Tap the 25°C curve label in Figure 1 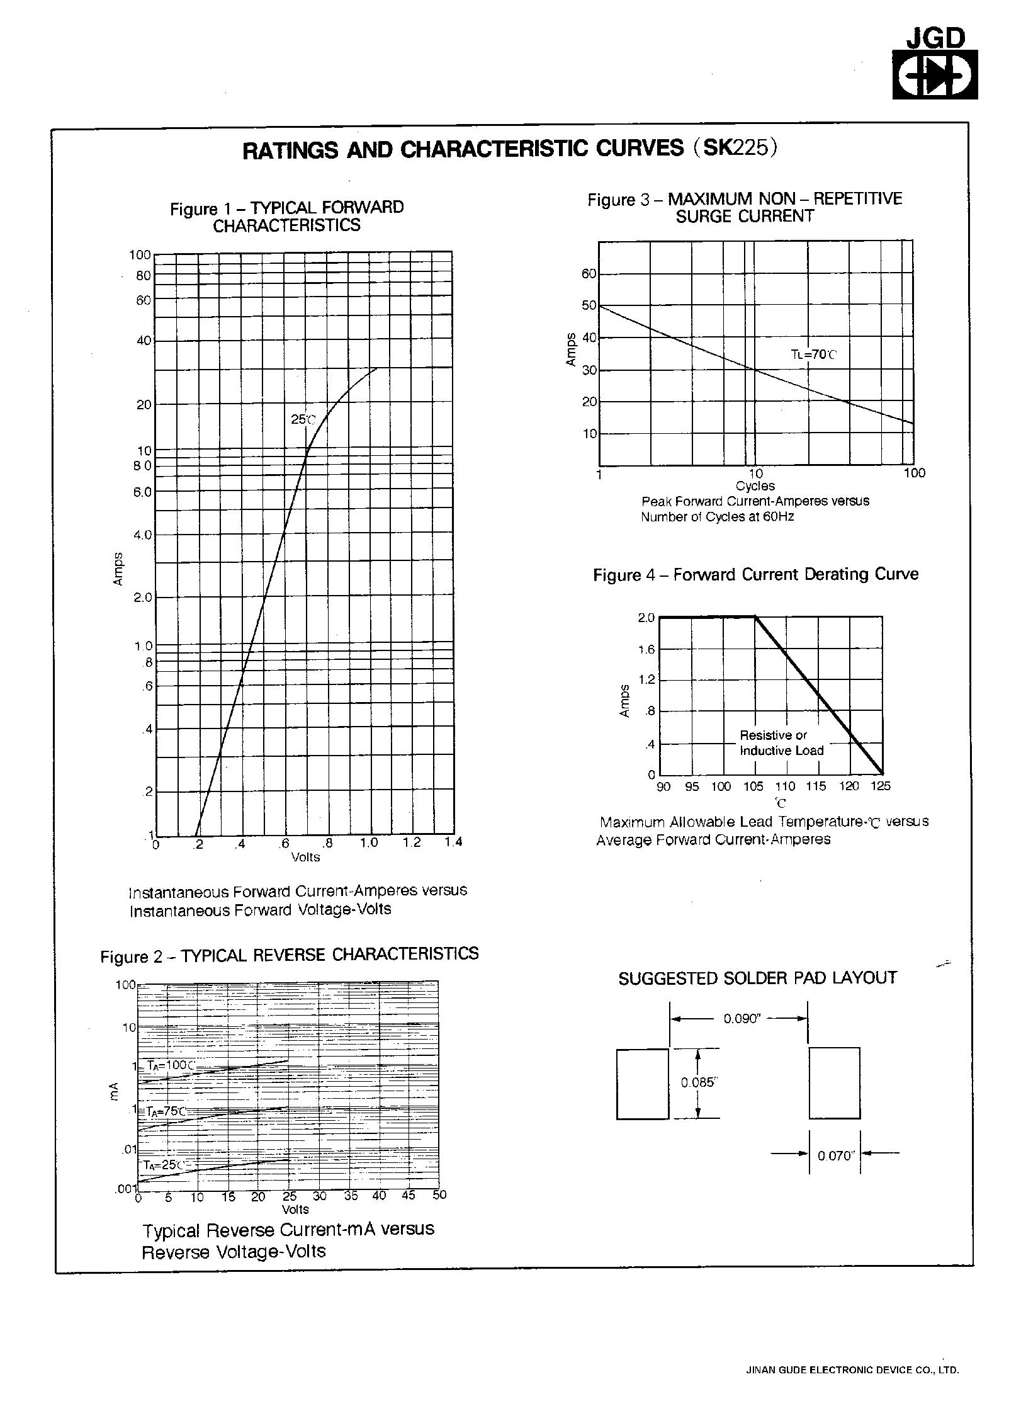[x=302, y=419]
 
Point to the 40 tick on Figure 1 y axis [x=144, y=341]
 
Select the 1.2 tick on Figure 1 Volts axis [x=412, y=843]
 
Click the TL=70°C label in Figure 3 [x=814, y=354]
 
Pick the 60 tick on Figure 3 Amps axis [x=589, y=274]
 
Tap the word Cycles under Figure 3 [x=755, y=486]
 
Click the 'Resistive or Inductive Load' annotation [x=781, y=743]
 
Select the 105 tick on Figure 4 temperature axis [x=753, y=786]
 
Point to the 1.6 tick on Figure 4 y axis [x=646, y=650]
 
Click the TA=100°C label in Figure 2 [x=171, y=1066]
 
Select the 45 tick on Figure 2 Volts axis [x=409, y=1195]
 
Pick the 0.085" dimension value [x=699, y=1082]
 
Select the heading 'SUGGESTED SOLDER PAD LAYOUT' [x=757, y=978]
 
